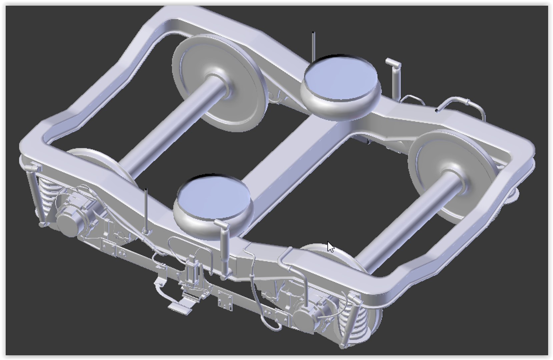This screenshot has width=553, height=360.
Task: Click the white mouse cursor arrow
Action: pos(330,247)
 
